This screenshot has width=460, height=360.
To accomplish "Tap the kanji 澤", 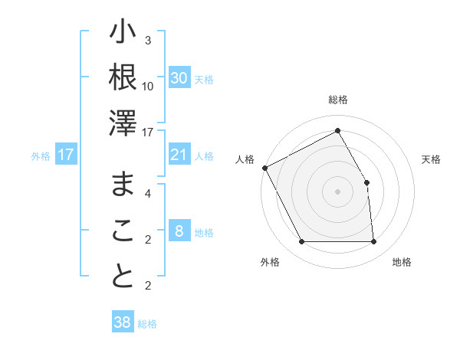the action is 123,122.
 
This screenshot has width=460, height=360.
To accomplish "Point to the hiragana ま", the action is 123,184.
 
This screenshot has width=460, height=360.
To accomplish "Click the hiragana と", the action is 123,277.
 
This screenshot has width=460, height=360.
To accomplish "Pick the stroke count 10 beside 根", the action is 148,86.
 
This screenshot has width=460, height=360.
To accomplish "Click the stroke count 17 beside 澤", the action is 148,133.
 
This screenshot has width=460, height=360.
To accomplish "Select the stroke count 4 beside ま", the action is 148,194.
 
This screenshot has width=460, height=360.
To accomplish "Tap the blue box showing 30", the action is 179,78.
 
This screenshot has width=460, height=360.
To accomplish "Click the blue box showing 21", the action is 179,155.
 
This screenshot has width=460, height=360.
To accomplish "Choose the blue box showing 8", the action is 179,231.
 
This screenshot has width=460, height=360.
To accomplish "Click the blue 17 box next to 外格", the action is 66,155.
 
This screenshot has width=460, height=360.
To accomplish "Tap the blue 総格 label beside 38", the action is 148,324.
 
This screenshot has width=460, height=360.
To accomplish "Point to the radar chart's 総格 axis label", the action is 338,100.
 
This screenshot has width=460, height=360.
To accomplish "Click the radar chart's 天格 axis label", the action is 432,159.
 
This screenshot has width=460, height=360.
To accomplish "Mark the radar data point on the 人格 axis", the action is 264,168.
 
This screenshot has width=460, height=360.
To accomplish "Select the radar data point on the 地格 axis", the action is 374,242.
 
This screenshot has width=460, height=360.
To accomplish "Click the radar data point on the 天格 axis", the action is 367,182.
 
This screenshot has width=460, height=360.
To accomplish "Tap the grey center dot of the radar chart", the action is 338,191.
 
